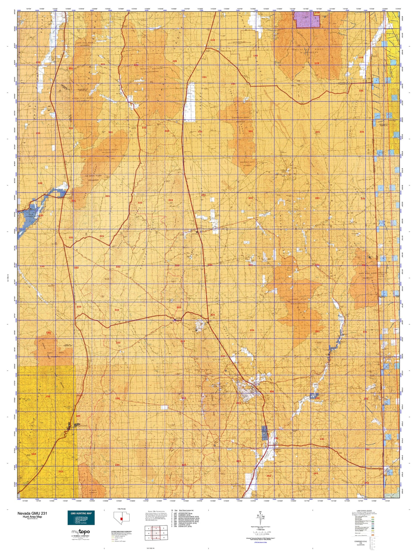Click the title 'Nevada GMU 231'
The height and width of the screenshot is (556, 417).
[x=32, y=513]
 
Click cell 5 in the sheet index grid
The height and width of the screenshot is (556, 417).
[x=156, y=533]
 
